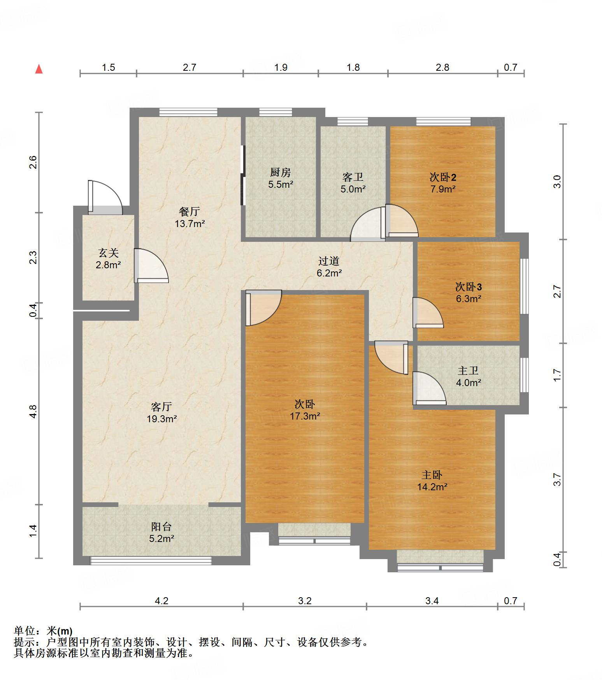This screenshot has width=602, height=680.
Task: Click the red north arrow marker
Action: click(x=39, y=69)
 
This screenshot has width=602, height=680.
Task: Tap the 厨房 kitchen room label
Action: click(x=280, y=172)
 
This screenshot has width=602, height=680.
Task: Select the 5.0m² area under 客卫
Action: click(x=353, y=189)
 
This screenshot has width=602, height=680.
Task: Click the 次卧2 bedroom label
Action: click(x=443, y=177)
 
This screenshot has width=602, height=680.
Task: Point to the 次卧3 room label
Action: click(x=469, y=287)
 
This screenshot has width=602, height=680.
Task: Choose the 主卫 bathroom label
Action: click(x=468, y=371)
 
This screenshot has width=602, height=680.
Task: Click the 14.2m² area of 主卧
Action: click(x=432, y=487)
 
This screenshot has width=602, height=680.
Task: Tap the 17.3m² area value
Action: click(x=305, y=416)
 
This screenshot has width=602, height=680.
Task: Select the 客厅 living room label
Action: click(x=161, y=407)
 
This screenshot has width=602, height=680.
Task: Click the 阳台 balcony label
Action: click(x=161, y=527)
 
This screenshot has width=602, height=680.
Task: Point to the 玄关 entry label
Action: click(x=108, y=253)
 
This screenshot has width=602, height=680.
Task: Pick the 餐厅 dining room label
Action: click(x=190, y=212)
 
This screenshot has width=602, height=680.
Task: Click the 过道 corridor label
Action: click(x=329, y=261)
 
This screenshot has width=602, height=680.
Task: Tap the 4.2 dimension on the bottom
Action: click(x=161, y=601)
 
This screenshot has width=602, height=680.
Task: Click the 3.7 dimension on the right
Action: click(x=558, y=479)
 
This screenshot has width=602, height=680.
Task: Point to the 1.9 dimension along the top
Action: click(x=281, y=68)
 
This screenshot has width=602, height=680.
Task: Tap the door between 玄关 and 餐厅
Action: click(x=151, y=266)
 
